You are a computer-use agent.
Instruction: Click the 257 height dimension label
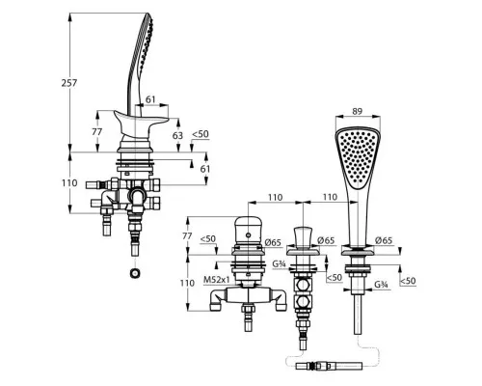coord(69,83)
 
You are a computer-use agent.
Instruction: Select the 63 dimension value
coord(177,135)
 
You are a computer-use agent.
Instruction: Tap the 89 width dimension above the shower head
coord(357,111)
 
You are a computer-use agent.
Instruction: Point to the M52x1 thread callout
coord(217,280)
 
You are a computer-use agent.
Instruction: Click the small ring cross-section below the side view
coord(134,273)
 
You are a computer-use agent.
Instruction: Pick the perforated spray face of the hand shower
coord(358,158)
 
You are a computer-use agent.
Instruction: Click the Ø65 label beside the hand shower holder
coord(384,240)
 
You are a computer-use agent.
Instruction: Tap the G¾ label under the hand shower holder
coord(382,285)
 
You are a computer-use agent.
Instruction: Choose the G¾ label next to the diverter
coord(279,264)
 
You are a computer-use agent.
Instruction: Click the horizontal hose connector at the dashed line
coord(329,366)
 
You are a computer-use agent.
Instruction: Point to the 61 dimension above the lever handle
coord(150,99)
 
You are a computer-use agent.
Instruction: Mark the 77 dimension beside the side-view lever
coord(96,132)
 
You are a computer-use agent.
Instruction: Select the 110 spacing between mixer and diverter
coord(275,197)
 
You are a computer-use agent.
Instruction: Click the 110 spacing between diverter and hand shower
coord(330,197)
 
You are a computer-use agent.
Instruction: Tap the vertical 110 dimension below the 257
coord(69,183)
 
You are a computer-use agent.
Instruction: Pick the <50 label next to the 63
coord(201,134)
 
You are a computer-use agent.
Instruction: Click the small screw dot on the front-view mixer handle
coord(249,235)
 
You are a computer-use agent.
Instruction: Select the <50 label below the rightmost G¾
coord(408,281)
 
